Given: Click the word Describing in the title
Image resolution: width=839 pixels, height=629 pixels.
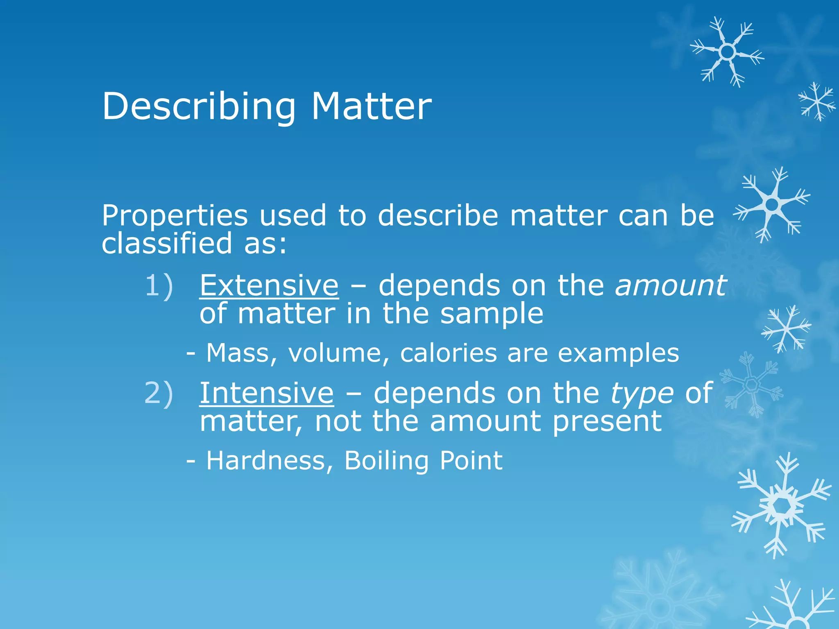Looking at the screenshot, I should click(199, 106).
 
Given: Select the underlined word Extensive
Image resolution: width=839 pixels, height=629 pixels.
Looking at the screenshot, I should click(269, 285).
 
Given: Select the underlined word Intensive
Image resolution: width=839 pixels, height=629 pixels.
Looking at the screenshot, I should click(267, 393).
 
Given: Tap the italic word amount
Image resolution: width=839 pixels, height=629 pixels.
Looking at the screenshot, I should click(671, 285).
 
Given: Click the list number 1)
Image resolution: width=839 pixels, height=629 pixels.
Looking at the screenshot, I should click(159, 285).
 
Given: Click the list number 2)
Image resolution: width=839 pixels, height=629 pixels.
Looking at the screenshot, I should click(159, 393).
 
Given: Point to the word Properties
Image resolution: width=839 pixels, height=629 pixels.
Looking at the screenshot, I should click(175, 216).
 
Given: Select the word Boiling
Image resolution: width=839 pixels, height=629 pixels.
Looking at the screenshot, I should click(386, 461).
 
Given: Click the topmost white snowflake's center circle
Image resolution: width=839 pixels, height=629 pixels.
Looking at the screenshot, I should click(727, 52).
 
